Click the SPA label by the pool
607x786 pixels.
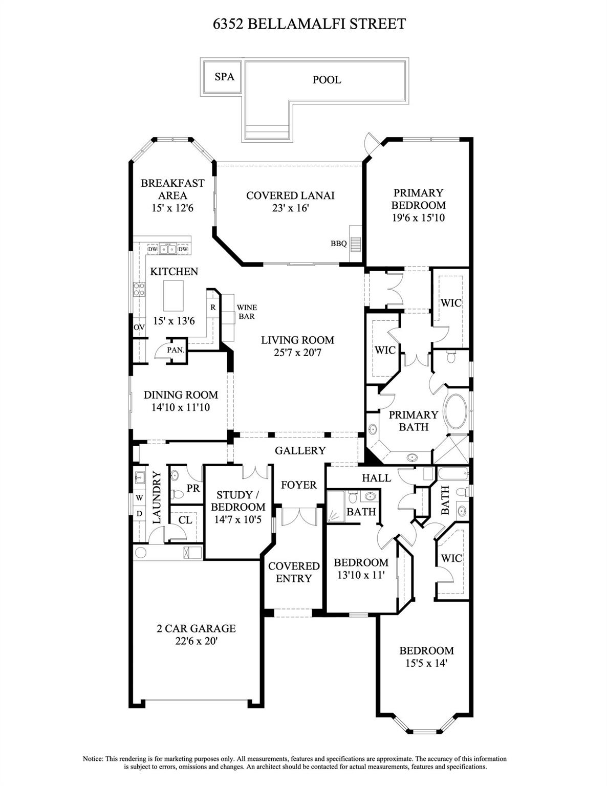point(224,77)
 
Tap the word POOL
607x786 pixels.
point(327,80)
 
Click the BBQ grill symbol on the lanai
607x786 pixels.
point(356,243)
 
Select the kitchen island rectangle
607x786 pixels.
point(174,296)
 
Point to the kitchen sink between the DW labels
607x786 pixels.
point(168,249)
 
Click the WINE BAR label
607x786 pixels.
point(247,312)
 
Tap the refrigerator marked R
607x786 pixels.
point(213,307)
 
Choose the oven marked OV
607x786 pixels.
point(139,327)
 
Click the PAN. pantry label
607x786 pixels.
point(176,350)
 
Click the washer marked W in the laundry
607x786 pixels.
point(139,498)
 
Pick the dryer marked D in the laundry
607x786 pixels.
point(139,513)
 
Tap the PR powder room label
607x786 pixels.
point(193,488)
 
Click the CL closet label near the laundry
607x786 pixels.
point(185,520)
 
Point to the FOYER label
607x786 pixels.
point(298,485)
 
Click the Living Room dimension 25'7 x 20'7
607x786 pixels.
point(297,352)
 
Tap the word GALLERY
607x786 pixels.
point(300,450)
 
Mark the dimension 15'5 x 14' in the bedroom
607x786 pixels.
point(426,663)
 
